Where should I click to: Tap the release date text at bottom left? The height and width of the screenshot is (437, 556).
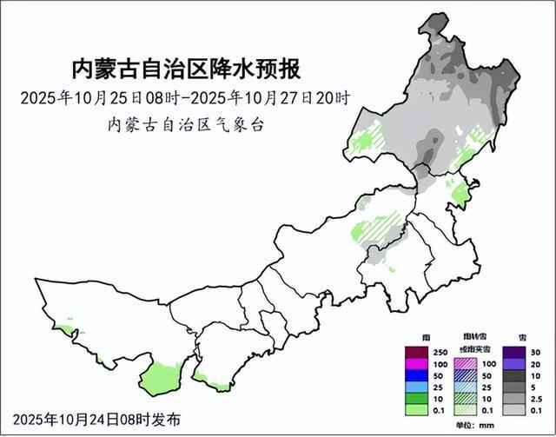click(x=97, y=419)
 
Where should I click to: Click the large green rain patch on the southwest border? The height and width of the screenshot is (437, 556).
click(x=157, y=378)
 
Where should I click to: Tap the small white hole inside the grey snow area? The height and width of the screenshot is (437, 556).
click(x=458, y=132)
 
